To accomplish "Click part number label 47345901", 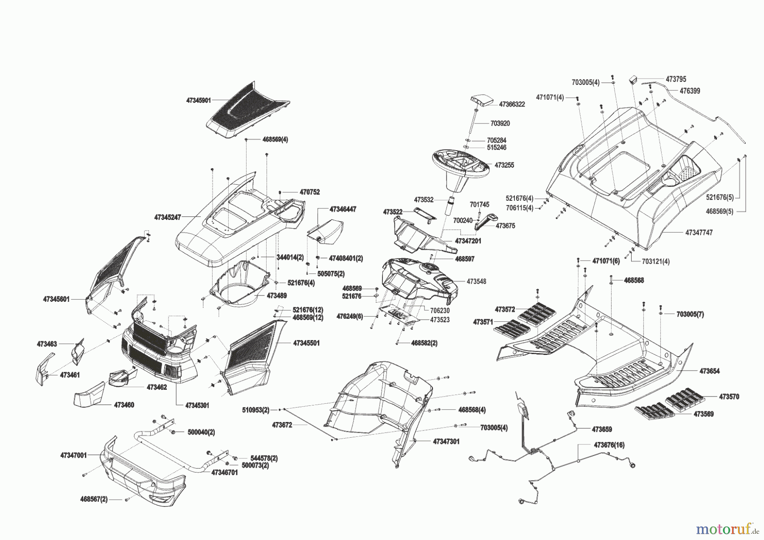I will (198, 101).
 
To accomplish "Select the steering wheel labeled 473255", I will (461, 163).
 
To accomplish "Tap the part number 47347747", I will (699, 233).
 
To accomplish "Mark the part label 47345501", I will (306, 343).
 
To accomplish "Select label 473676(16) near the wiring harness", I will (609, 445).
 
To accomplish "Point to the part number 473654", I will (710, 371).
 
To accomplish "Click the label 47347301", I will (446, 442).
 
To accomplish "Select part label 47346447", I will (343, 209).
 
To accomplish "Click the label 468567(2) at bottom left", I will (94, 499).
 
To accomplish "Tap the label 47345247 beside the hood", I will (168, 217).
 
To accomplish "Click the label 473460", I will (124, 405).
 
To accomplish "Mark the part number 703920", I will (500, 123).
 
